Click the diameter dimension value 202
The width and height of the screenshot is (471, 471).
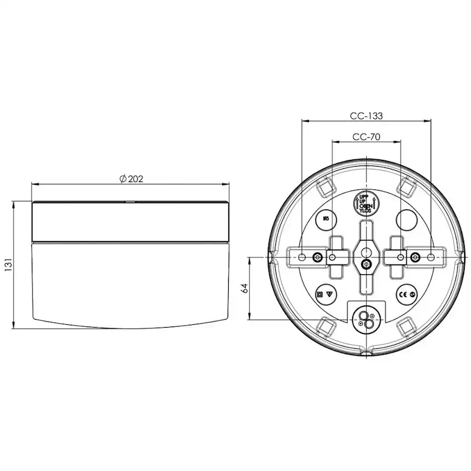pos(131,179)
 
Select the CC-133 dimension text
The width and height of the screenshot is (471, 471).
pos(366,115)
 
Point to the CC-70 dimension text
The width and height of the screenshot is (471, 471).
pos(366,137)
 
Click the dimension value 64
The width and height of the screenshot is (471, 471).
pos(244,288)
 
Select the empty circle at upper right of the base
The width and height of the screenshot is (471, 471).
pos(407,220)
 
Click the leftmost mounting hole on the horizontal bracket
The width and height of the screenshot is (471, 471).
pos(301,258)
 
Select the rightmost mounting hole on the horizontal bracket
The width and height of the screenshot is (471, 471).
pos(431,258)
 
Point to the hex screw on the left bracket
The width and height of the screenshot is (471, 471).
pos(317,258)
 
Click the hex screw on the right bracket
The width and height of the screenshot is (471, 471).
pos(415,258)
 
